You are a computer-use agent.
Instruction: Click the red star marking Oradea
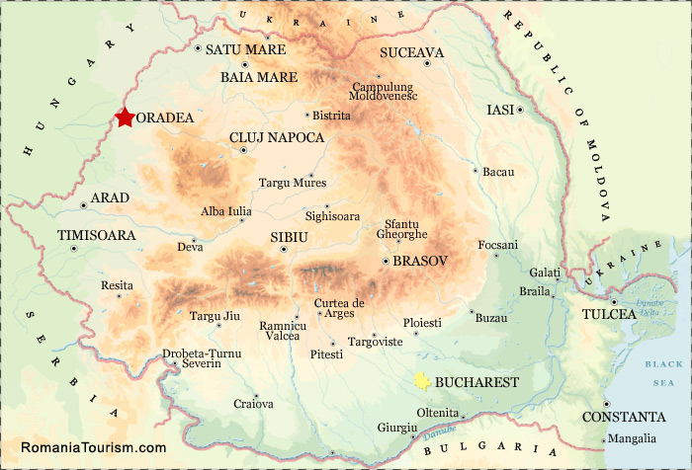click(x=124, y=117)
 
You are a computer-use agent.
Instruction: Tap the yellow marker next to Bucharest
click(x=422, y=381)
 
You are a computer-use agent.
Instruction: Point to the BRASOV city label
click(x=420, y=261)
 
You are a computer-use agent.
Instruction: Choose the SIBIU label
click(x=290, y=238)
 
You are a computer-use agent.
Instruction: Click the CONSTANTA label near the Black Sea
click(x=623, y=417)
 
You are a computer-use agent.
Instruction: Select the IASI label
click(x=500, y=110)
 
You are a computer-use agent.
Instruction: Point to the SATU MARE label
click(x=245, y=49)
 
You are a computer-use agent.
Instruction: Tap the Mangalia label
click(x=633, y=438)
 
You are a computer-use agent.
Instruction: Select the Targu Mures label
click(x=292, y=183)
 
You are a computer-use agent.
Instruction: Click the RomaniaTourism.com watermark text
click(x=93, y=447)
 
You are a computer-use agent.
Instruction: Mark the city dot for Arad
click(x=83, y=205)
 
